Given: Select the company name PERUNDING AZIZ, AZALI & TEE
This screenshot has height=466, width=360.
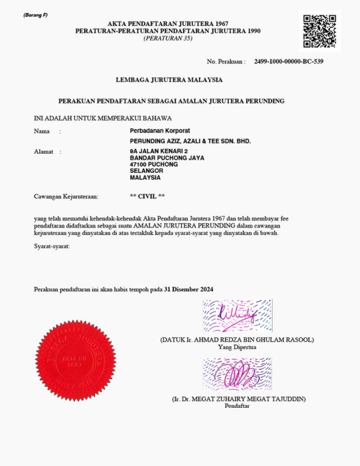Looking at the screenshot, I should [x=190, y=142].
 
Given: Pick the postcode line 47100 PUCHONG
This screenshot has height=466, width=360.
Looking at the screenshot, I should [x=154, y=164].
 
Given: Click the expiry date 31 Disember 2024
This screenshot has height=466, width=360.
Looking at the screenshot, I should [x=189, y=289].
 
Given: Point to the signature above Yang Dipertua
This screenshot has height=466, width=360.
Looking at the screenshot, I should [x=237, y=316].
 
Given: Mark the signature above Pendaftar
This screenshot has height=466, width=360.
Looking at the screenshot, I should [x=237, y=375].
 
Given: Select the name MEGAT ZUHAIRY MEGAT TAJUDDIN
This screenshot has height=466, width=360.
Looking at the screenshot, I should [x=239, y=399].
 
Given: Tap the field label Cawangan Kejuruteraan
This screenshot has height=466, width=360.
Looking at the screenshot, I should [x=66, y=197].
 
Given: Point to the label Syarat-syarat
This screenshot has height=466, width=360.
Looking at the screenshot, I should [x=52, y=248].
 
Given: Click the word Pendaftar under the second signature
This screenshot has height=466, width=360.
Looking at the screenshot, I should [x=237, y=406].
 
